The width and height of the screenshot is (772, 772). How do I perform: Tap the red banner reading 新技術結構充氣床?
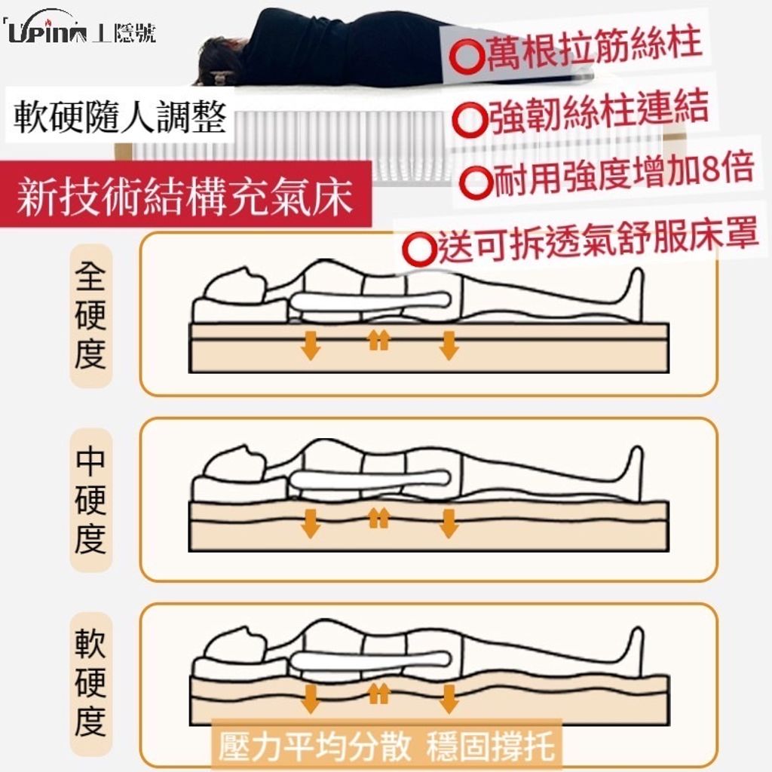pos(185,195)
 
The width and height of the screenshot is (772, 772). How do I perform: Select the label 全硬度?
pos(91,316)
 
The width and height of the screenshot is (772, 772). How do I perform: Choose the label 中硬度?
pos(91,500)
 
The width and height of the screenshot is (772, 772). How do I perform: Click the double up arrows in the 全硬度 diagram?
pos(379,340)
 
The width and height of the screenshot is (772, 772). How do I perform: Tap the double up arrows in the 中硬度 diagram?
pos(379,518)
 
